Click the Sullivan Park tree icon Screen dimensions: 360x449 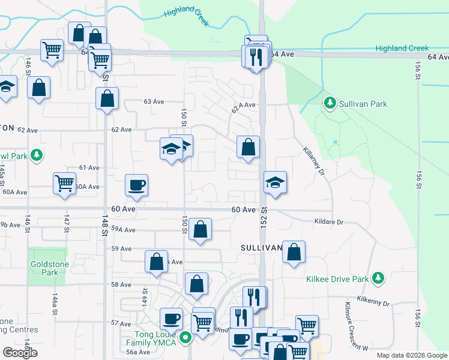pyautogui.click(x=330, y=104)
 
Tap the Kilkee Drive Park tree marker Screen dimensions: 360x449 pyautogui.click(x=378, y=278)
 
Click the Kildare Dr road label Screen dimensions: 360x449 pyautogui.click(x=328, y=222)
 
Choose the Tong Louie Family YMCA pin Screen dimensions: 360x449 pyautogui.click(x=185, y=338)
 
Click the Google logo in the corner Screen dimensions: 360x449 pyautogui.click(x=20, y=353)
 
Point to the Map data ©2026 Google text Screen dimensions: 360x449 pyautogui.click(x=412, y=355)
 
